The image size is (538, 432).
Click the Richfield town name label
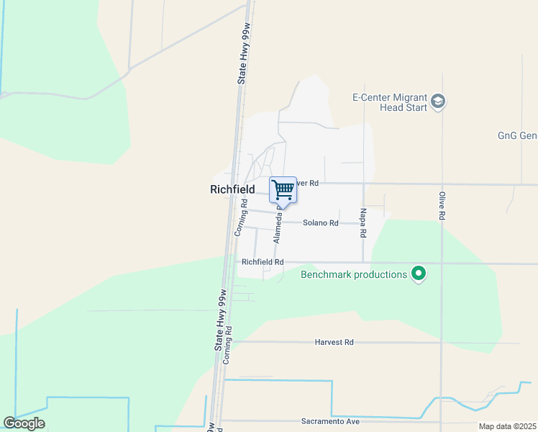click(x=232, y=189)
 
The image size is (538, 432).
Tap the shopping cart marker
click(x=283, y=191)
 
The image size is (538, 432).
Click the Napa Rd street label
click(x=363, y=225)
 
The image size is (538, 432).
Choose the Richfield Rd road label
click(x=263, y=263)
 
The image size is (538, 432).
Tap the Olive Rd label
click(x=442, y=206)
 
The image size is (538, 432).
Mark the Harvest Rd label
click(x=334, y=342)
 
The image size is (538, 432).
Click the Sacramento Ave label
click(x=329, y=421)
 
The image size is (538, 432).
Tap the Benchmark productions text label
click(x=354, y=274)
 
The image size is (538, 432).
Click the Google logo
click(x=24, y=423)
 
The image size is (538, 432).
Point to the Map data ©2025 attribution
click(x=507, y=426)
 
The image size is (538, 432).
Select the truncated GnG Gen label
click(x=517, y=135)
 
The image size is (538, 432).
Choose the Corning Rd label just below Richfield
click(x=242, y=219)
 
